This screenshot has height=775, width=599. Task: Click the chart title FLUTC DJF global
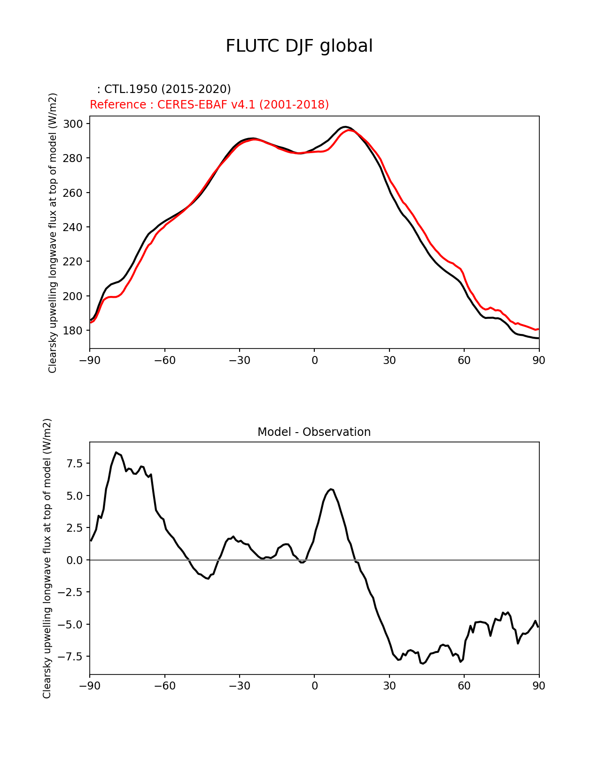coord(299,46)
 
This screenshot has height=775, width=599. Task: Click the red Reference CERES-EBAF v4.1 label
coord(209,105)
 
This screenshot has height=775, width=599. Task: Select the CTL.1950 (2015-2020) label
coord(164,89)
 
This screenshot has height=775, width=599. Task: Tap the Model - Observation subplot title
coord(314,432)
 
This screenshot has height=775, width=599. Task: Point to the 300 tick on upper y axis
coord(73,124)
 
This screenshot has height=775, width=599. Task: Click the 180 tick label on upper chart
coord(73,331)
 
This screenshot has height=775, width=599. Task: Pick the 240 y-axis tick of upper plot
coord(73,227)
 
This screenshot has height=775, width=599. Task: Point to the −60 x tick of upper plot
coord(164,360)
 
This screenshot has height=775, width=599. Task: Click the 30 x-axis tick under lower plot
coord(389,686)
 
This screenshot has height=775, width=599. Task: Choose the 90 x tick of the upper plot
coord(539,360)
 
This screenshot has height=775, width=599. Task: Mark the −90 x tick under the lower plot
coord(90,686)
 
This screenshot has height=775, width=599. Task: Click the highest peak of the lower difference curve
coord(116,452)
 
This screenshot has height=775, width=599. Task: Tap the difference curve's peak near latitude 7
coord(331,489)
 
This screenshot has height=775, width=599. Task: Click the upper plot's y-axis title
coord(53,232)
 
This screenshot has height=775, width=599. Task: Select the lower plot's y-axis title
coord(47,558)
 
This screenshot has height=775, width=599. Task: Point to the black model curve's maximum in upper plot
coord(345,127)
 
